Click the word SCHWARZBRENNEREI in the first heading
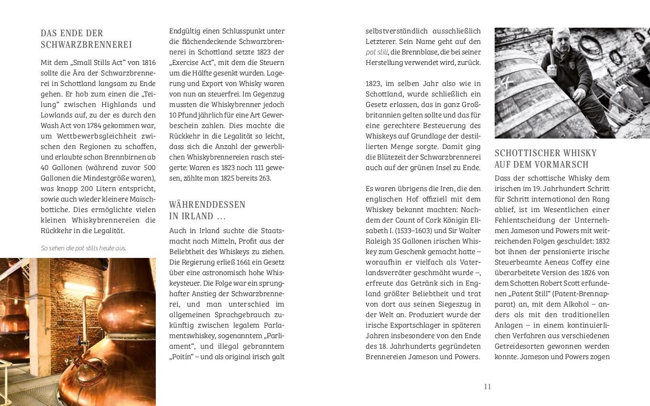(86, 45)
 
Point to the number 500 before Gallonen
(149, 167)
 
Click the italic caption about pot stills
(84, 248)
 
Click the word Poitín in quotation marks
(180, 357)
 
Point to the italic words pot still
(377, 52)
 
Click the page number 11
(487, 386)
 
